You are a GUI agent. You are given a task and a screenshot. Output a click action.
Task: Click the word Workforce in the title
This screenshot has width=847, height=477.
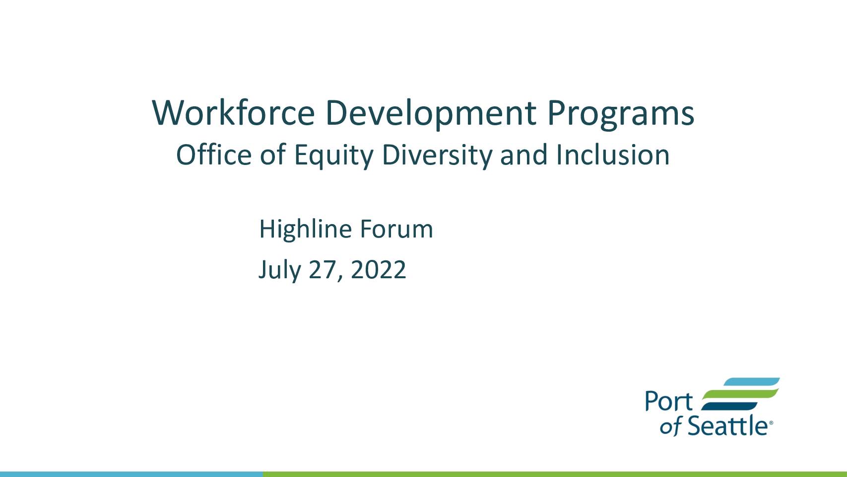tap(233, 113)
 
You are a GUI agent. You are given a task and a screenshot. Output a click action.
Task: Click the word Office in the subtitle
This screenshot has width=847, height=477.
tap(214, 155)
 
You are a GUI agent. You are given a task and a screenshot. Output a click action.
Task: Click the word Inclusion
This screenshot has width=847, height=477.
tap(613, 155)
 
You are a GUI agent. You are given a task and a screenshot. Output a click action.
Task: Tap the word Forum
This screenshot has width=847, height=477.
tap(396, 229)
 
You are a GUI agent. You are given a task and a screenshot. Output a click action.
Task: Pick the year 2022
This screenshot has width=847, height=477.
tap(379, 269)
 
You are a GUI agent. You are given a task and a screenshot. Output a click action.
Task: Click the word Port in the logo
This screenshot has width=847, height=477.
tap(669, 401)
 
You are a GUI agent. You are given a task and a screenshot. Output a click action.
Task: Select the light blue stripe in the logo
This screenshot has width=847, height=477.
tap(752, 382)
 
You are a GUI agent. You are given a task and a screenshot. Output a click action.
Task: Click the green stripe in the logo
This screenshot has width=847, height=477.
tap(740, 394)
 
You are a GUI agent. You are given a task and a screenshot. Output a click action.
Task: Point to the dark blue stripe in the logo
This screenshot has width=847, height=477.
tap(729, 406)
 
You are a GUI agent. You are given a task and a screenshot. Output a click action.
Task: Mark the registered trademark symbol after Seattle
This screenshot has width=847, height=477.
tap(771, 423)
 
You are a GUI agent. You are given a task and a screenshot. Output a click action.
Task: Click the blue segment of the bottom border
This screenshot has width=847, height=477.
tap(131, 475)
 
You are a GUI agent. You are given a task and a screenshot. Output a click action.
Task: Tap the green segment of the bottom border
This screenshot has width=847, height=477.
tap(555, 475)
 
